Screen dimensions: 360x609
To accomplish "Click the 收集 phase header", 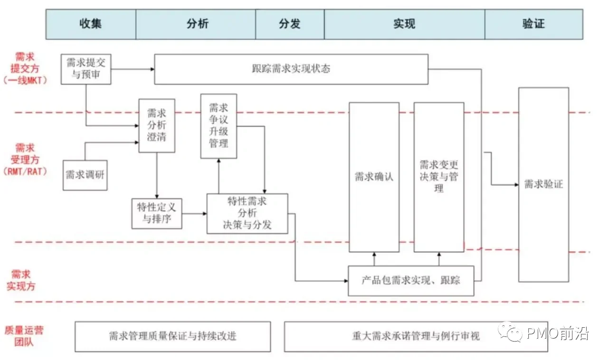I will pos(91,24).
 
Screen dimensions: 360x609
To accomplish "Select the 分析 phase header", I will pos(196,24).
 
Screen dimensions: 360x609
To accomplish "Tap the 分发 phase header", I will pos(290,24).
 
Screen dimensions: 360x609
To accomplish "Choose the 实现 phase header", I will pos(404,24).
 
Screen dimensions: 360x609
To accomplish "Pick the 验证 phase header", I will pos(533,24).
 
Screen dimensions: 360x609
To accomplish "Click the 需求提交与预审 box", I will pos(86,69).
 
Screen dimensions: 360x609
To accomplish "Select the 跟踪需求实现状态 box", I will pos(291,69).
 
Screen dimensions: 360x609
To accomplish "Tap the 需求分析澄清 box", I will pos(157,125).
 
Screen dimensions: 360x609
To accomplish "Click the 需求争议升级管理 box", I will pos(219,126).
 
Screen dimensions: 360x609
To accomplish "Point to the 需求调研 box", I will pos(85,174).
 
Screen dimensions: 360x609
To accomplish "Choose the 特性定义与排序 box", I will pos(157,213).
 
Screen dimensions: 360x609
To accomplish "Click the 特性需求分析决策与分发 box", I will pos(247,213).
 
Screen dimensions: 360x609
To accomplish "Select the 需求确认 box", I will pos(374,177).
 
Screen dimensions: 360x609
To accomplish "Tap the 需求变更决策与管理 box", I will pos(438,177).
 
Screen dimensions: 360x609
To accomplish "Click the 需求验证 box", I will pos(543,184).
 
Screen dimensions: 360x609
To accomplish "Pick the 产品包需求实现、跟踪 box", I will pos(411,280).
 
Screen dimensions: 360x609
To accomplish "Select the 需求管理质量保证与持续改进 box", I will pos(172,336).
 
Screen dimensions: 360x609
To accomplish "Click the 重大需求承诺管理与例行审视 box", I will pos(416,336).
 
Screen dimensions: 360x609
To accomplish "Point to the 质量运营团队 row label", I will pos(23,336).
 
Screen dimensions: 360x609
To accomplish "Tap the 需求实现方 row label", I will pos(21,280).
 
